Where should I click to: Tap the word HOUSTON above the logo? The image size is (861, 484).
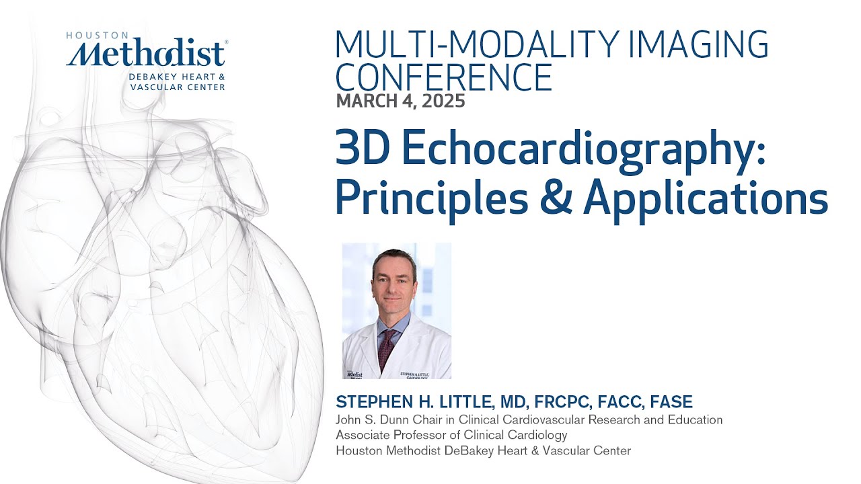(x=97, y=36)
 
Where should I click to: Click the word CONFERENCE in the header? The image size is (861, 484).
(x=444, y=77)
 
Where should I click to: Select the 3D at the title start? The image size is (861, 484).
(x=357, y=152)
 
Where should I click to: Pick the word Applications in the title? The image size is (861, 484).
(x=706, y=198)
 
